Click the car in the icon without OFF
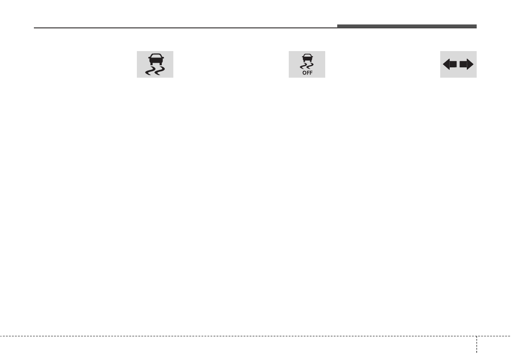coord(156,59)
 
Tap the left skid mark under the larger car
coord(150,71)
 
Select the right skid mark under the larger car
coord(160,71)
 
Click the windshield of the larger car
coord(156,56)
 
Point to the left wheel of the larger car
coord(151,64)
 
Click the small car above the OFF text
coord(307,57)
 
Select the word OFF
coord(307,73)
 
